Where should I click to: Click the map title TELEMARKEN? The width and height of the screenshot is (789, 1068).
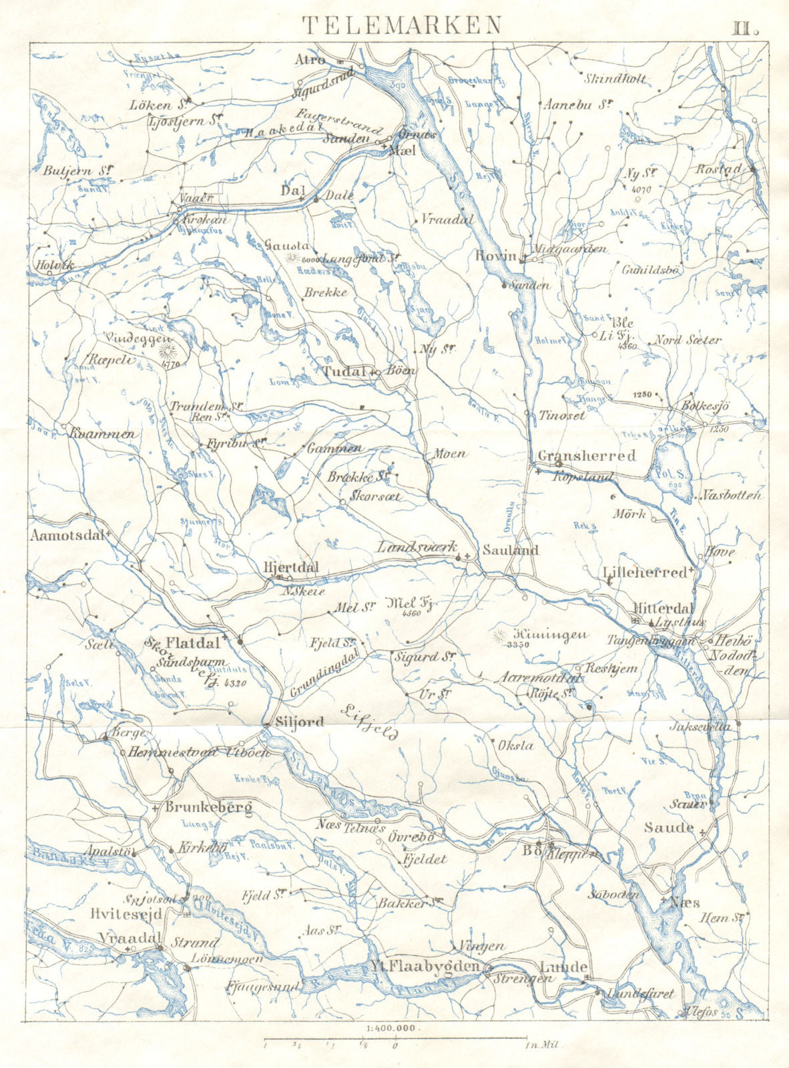point(402,25)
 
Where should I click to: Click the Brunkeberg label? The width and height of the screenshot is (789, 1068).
point(208,808)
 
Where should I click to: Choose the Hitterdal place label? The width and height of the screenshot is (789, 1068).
point(664,609)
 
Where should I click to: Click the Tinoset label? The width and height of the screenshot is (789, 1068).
point(561,415)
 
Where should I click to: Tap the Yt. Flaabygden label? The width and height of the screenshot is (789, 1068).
point(425,967)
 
